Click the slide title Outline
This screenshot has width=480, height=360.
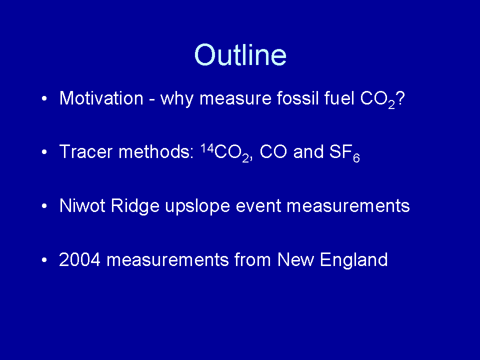(240, 55)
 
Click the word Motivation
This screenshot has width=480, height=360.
(101, 98)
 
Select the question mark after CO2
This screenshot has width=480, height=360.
(400, 98)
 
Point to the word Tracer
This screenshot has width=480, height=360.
(86, 151)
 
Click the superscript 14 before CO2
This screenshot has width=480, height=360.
(207, 148)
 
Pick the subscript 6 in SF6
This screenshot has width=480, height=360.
(356, 158)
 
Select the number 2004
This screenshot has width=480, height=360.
(79, 259)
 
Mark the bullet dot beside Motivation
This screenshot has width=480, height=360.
(44, 98)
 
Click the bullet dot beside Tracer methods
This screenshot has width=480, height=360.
(44, 152)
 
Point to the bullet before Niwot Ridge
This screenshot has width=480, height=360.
(44, 206)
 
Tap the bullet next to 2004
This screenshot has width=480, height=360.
(44, 260)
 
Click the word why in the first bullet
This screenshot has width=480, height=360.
(177, 99)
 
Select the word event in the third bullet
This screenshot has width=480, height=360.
(258, 206)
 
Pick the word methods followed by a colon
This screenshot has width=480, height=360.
(156, 151)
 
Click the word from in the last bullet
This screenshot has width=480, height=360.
(252, 259)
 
